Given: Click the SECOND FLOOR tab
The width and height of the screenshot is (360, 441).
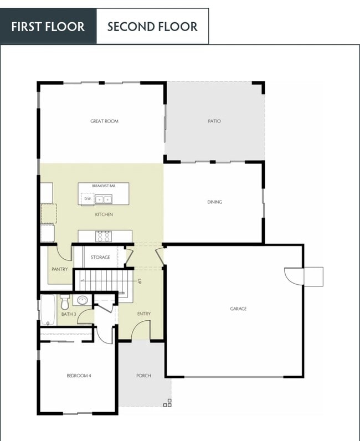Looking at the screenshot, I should [152, 27].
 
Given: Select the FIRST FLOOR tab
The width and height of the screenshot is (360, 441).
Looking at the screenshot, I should [48, 27].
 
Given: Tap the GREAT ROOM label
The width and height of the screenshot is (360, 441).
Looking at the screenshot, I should [104, 121].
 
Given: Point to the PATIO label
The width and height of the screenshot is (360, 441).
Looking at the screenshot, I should [214, 121].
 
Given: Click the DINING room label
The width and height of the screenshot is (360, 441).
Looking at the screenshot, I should [214, 202].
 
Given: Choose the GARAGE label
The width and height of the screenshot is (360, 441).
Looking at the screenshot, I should [238, 309].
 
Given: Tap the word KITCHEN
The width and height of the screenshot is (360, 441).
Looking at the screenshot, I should [104, 214].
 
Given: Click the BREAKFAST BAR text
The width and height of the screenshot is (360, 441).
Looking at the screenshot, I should [104, 187].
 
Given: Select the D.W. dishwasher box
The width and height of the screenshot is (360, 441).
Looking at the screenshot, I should [88, 198].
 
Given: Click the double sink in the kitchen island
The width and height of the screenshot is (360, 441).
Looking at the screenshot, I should [104, 199].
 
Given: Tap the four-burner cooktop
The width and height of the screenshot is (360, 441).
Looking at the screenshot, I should [104, 237].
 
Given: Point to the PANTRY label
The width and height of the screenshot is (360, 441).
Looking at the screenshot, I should [59, 270].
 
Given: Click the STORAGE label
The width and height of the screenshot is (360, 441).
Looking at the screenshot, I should [100, 257].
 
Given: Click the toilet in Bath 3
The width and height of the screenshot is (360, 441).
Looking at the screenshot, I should [65, 301].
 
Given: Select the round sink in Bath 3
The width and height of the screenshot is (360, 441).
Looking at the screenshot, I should [82, 301].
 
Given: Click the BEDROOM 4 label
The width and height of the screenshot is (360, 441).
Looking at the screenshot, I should [79, 376].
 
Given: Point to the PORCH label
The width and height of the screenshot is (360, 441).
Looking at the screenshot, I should [143, 376].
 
